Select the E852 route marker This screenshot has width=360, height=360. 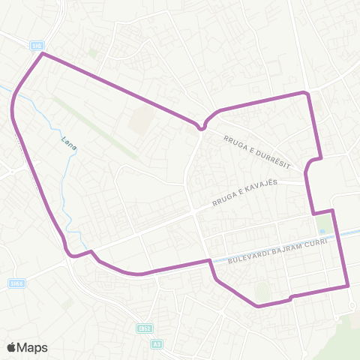point(144,328)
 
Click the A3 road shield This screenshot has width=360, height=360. point(157,343)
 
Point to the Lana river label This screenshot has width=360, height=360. point(69,142)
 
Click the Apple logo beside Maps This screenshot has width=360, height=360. point(11,347)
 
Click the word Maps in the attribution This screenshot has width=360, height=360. point(33,347)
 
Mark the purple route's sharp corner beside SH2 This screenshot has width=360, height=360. point(43,54)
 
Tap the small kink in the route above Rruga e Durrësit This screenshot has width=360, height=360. point(201,127)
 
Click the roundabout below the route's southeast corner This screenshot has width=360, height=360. point(353,304)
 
